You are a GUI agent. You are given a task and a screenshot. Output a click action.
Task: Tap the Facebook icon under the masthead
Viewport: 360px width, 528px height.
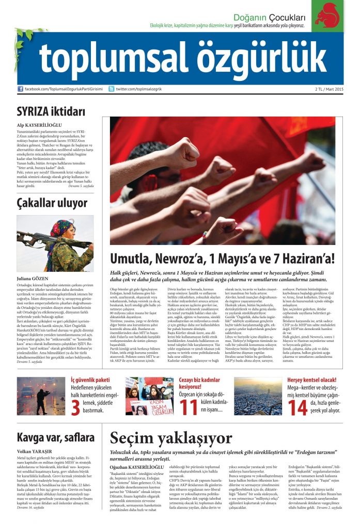(x=20, y=89)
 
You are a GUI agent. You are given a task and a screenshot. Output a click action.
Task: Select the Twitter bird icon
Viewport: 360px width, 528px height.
(x=111, y=89)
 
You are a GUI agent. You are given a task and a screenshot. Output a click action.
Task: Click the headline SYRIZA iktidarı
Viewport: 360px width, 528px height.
(x=50, y=111)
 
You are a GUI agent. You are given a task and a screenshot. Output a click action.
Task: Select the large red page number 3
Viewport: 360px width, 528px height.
(x=75, y=407)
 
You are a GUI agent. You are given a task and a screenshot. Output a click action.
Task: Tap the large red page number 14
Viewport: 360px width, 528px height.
(x=298, y=407)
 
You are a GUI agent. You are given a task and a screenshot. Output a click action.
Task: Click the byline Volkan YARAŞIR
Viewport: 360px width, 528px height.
(x=36, y=452)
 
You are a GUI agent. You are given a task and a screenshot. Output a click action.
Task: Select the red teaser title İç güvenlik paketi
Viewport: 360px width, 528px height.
(x=90, y=380)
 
